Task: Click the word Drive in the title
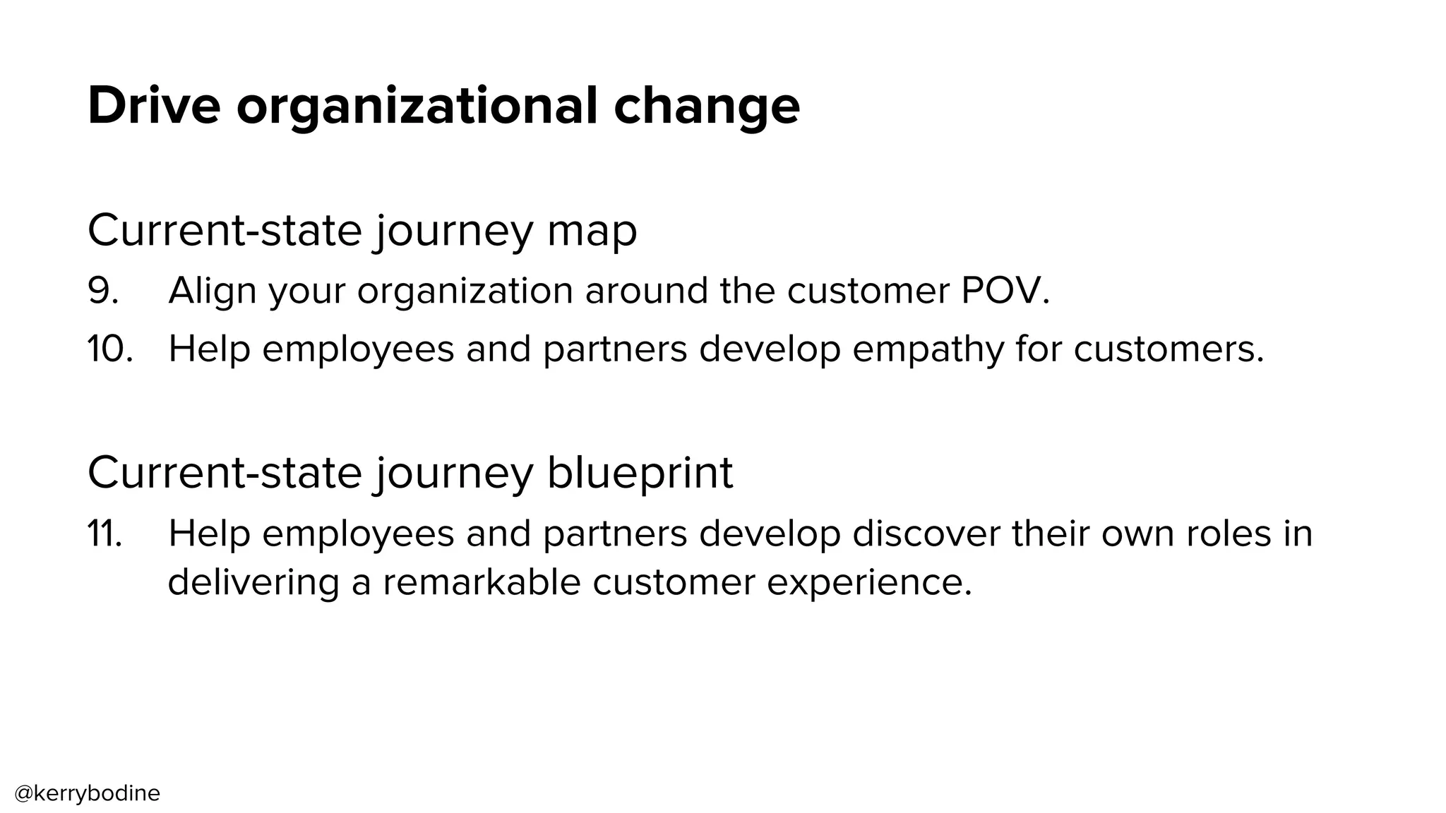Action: [x=154, y=106]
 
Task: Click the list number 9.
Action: [x=103, y=290]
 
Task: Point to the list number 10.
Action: [x=110, y=349]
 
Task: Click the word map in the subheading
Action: [x=592, y=231]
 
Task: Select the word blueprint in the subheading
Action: [x=640, y=473]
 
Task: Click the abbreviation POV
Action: [x=1005, y=290]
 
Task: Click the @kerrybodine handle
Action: [x=88, y=793]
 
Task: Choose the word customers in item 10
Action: [x=1169, y=349]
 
